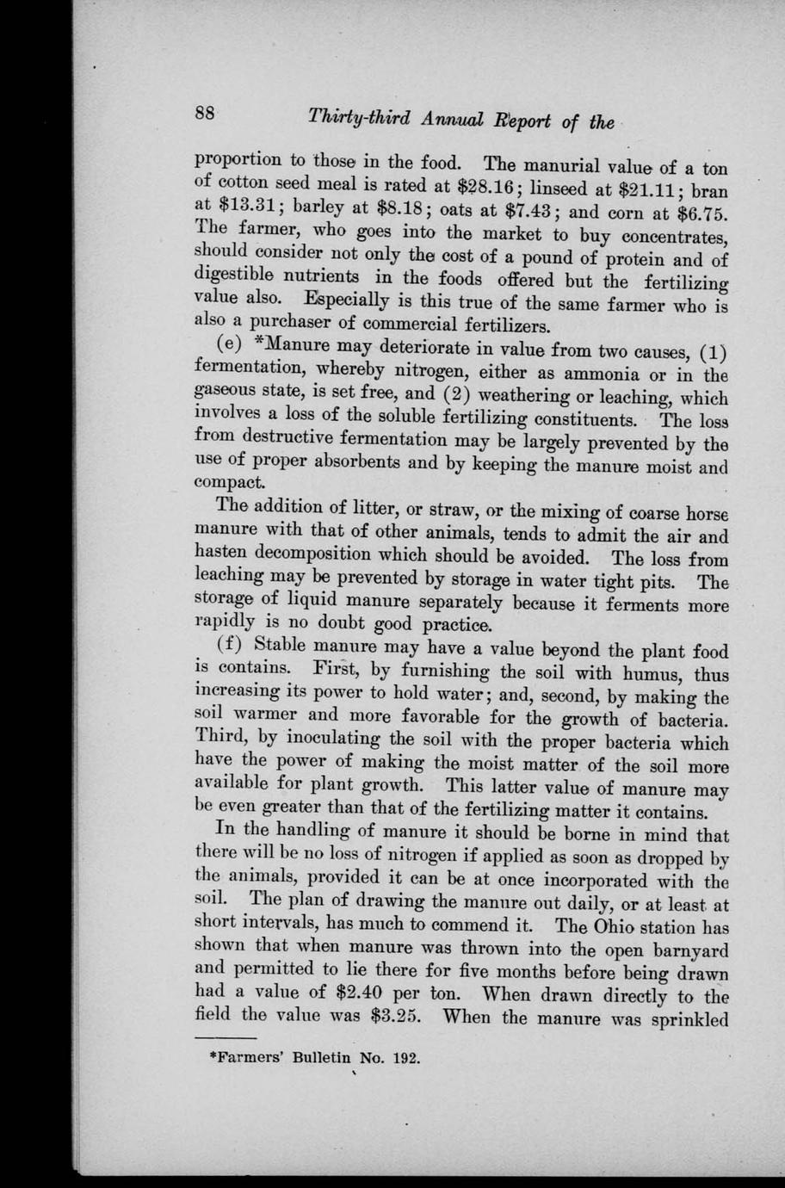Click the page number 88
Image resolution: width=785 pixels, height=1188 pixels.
[205, 113]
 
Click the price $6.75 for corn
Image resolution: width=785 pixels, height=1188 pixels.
[698, 214]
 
